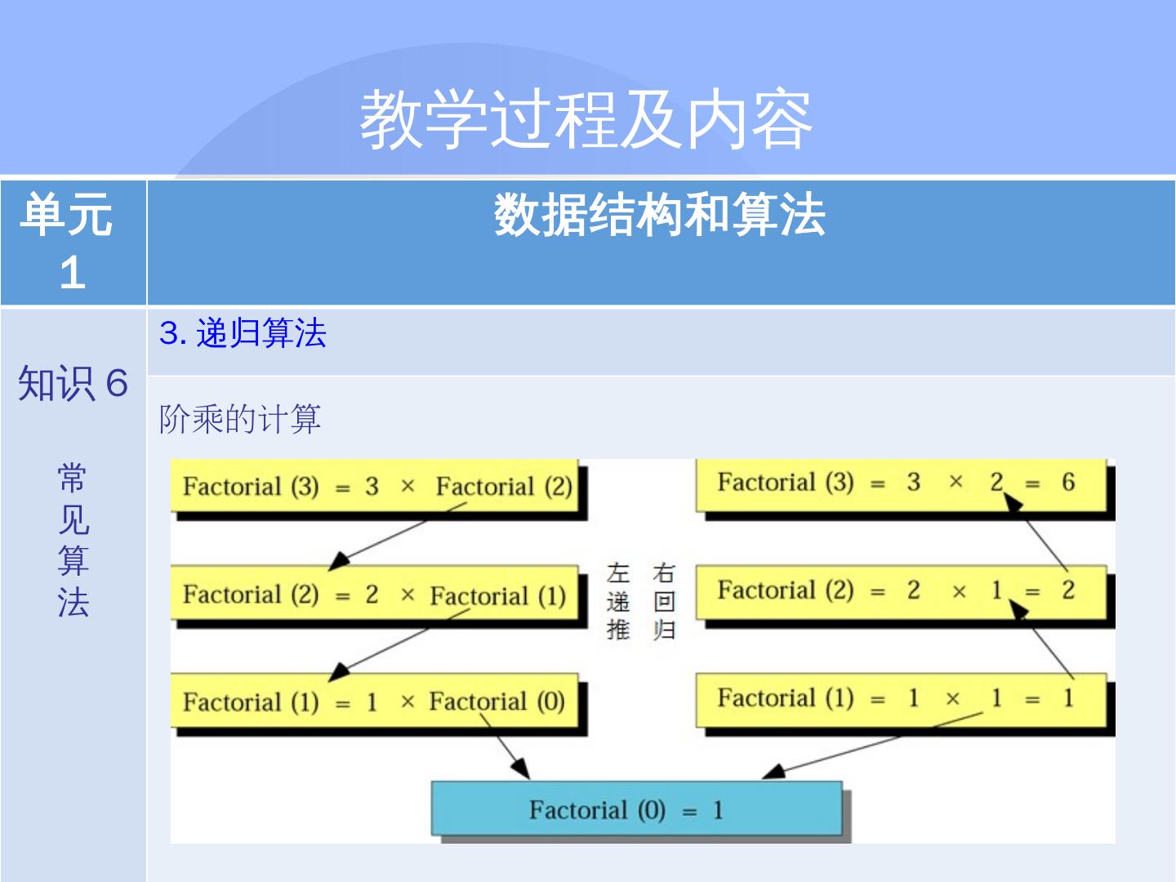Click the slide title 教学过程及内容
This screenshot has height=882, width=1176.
pyautogui.click(x=586, y=120)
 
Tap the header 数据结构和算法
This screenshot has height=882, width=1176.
pyautogui.click(x=660, y=216)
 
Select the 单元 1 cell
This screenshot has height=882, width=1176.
pyautogui.click(x=73, y=243)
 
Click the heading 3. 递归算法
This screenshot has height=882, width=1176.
pyautogui.click(x=243, y=333)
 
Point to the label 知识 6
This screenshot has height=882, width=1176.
pyautogui.click(x=73, y=383)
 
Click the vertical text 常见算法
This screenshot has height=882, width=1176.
pyautogui.click(x=73, y=540)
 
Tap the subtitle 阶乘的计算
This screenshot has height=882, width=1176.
pyautogui.click(x=240, y=419)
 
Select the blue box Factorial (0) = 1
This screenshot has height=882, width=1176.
pyautogui.click(x=636, y=809)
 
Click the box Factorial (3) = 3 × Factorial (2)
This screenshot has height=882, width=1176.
pyautogui.click(x=376, y=487)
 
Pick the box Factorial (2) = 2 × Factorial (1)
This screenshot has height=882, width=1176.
pyautogui.click(x=375, y=595)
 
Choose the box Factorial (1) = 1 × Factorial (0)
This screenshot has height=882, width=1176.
pyautogui.click(x=374, y=702)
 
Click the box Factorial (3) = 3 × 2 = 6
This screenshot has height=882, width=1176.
pyautogui.click(x=901, y=483)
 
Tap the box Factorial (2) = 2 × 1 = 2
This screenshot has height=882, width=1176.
pyautogui.click(x=901, y=590)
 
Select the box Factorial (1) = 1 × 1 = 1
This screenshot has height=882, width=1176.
pyautogui.click(x=901, y=698)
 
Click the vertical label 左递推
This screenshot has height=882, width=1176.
pyautogui.click(x=618, y=601)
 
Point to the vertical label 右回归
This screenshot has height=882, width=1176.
pyautogui.click(x=664, y=601)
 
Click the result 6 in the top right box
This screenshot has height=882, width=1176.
pyautogui.click(x=1068, y=483)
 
